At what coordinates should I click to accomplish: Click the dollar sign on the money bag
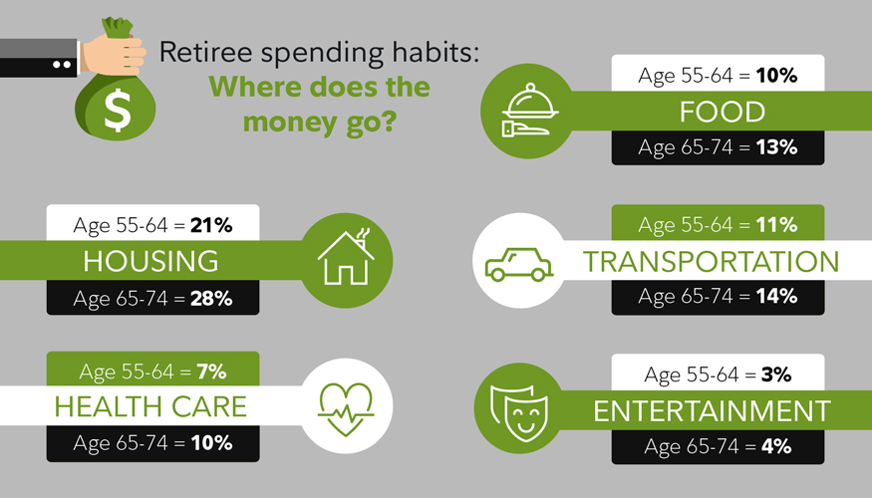point(118,111)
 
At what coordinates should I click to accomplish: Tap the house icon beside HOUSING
point(346,257)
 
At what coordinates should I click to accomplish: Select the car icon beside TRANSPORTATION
point(519,264)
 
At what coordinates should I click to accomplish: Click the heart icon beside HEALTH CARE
point(346,409)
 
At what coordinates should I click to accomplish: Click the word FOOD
point(723,112)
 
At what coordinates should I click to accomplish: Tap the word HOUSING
point(150,261)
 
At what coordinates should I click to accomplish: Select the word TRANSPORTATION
point(711,262)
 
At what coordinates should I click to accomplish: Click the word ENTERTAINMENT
point(712,411)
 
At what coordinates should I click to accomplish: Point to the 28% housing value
point(211,299)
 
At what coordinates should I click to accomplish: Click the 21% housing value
point(211,225)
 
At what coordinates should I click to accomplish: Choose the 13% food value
point(777,147)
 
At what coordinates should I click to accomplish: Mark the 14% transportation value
point(777,296)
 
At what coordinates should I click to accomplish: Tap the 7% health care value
point(211,372)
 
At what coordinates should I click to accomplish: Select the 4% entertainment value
point(776,446)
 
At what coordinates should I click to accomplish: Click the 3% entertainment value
point(776,374)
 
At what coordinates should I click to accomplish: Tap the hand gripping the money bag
point(114,55)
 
